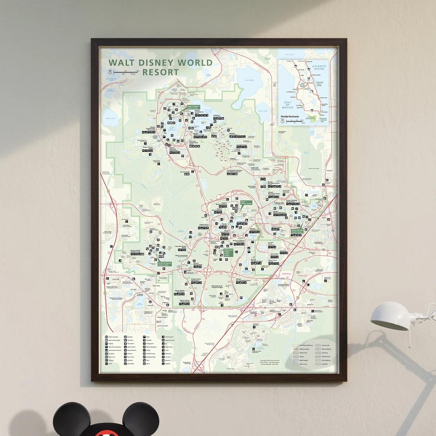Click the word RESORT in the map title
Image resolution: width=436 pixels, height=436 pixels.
coord(160,73)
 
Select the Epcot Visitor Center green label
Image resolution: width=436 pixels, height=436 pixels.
coord(246,203)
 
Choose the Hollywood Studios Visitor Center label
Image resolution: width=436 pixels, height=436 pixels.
coord(228,252)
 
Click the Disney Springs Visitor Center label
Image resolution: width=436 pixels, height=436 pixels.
coord(297,231)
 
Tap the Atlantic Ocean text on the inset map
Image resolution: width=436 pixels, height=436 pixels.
coord(319,67)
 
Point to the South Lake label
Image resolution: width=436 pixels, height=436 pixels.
coord(263,111)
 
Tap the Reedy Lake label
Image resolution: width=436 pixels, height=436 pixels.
coord(109,119)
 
